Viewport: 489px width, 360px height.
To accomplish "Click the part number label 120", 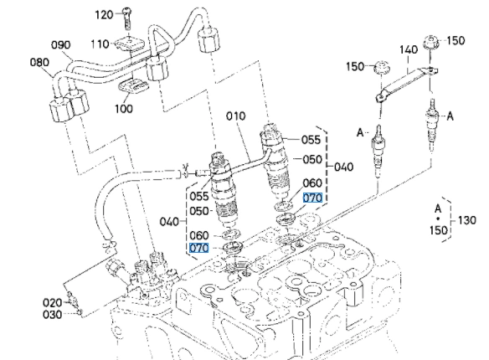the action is point(104,14).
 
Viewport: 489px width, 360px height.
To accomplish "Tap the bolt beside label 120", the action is point(127,18).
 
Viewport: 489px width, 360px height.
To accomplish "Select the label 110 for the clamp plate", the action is point(100,44).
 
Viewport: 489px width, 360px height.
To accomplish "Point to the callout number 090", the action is point(61,45).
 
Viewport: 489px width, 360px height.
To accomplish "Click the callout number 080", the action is point(39,62).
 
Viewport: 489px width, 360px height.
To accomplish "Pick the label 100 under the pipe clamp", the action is point(124,109).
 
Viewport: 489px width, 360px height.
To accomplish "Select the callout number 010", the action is point(236,116).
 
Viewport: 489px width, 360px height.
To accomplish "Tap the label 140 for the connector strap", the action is point(409,49).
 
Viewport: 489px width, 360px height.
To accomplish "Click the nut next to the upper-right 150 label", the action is point(431,43).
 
